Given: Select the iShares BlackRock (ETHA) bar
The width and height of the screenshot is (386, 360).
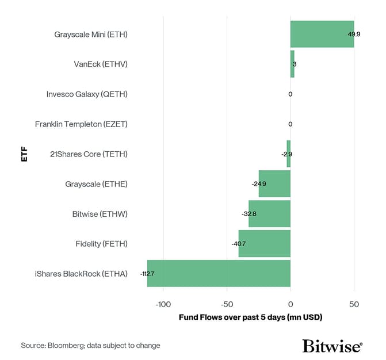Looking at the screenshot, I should click(219, 273).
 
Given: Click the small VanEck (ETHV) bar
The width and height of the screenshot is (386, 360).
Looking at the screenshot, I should click(292, 64).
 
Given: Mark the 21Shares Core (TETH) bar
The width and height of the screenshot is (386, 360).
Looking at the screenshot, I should click(289, 154).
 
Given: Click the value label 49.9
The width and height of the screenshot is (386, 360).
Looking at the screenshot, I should click(354, 35).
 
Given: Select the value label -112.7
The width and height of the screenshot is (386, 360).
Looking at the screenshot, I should click(148, 274).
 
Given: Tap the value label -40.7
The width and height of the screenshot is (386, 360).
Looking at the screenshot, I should click(239, 244).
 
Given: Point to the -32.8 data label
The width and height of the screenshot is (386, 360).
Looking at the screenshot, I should click(249, 214).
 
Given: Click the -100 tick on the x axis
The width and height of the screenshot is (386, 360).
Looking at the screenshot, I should click(163, 304).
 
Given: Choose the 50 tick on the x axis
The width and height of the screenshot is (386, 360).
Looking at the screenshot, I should click(354, 304).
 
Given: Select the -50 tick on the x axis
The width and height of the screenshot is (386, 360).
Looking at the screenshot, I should click(227, 304).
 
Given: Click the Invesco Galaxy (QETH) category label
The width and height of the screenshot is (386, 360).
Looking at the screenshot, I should click(87, 94).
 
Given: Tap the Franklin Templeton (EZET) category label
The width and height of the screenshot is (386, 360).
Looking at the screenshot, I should click(81, 124).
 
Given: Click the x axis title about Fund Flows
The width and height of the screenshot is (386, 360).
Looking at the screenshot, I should click(250, 317).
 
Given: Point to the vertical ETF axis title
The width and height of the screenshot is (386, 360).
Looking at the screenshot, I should click(24, 154).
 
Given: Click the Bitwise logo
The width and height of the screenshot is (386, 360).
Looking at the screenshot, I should click(332, 346).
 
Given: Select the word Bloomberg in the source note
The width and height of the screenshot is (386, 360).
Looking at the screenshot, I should click(70, 346).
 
